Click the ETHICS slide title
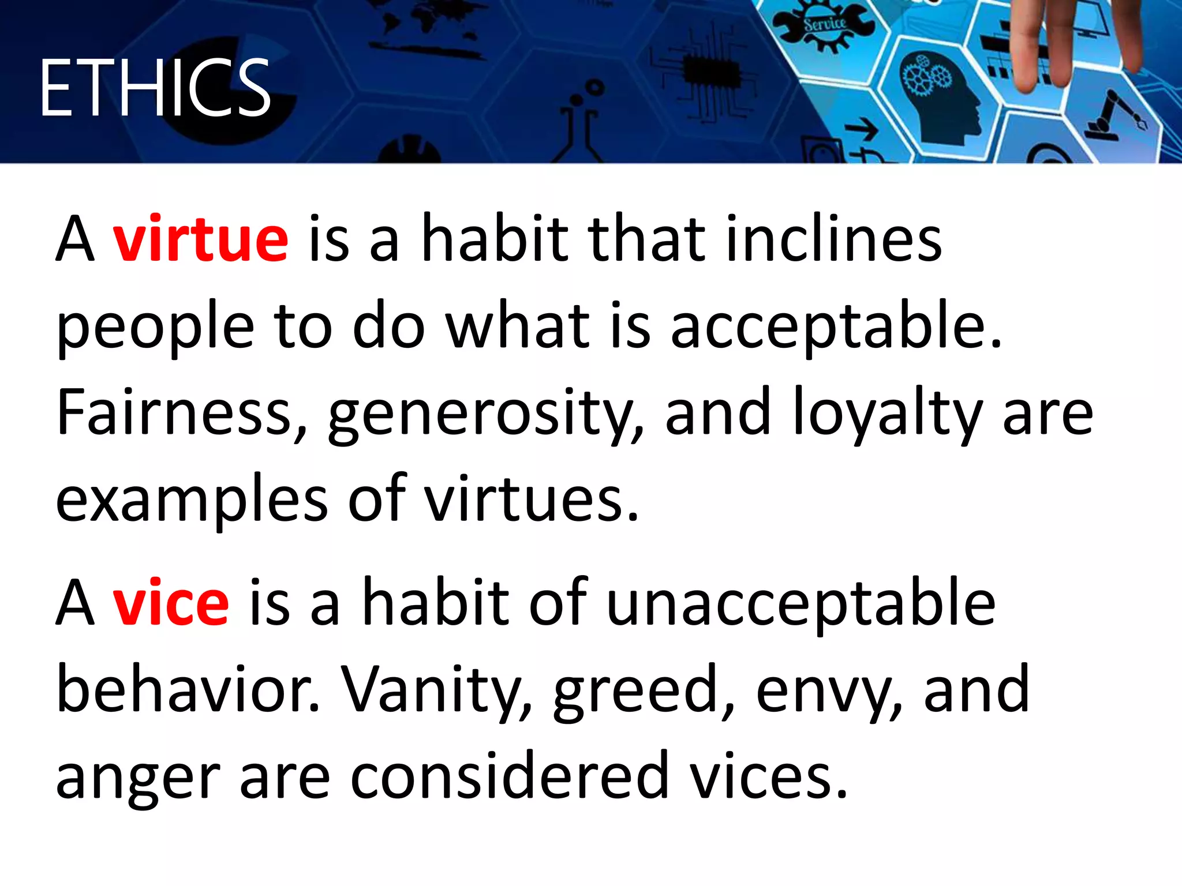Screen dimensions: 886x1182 pos(155,88)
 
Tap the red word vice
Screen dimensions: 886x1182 pos(171,603)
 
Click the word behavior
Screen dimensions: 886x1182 pos(187,690)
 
